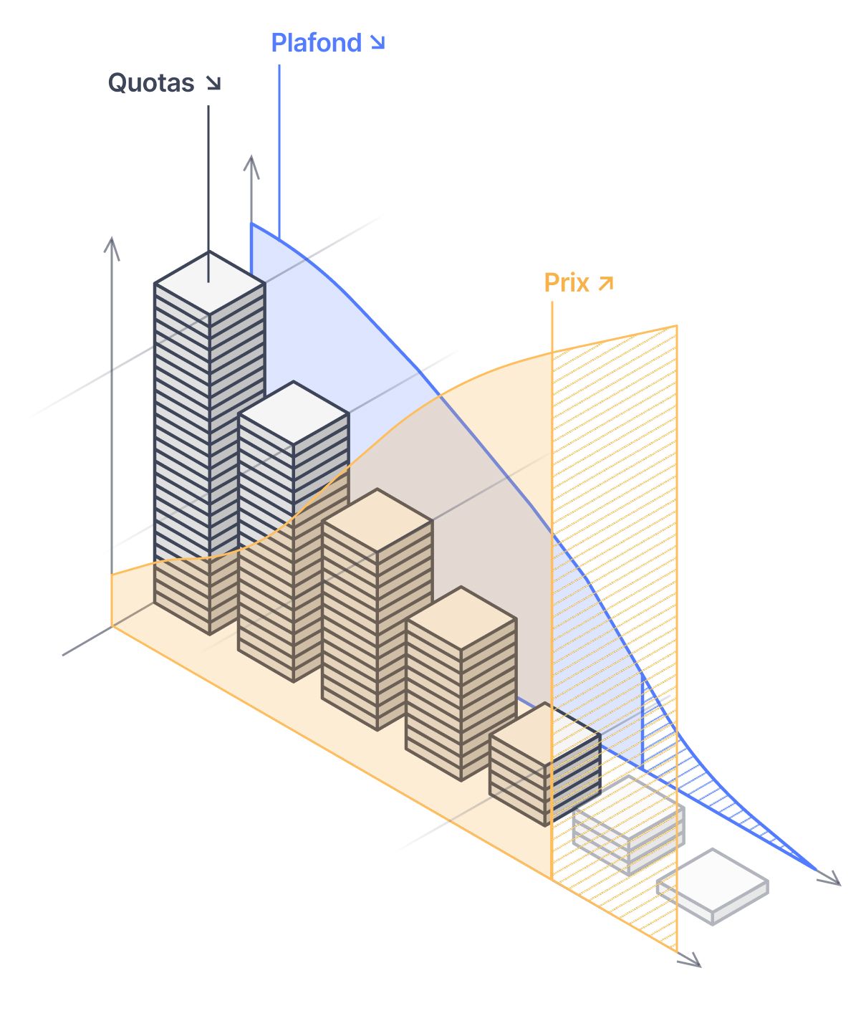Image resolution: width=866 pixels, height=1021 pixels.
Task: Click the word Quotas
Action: point(151,83)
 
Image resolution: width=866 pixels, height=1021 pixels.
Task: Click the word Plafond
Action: point(316,43)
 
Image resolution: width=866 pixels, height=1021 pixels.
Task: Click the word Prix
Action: point(567,283)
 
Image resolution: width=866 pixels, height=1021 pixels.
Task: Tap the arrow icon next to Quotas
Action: point(213,83)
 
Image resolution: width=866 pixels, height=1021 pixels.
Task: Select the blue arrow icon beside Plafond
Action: point(377,43)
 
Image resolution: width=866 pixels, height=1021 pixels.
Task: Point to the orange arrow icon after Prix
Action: point(606,283)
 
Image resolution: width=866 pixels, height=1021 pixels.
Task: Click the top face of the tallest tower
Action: point(209,282)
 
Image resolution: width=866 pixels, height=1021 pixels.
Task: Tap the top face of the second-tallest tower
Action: point(294,413)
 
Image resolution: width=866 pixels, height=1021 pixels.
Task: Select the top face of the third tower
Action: point(377,520)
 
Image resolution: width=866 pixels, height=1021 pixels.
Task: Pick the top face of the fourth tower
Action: point(461,618)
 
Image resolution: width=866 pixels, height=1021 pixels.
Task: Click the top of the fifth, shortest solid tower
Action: point(544,734)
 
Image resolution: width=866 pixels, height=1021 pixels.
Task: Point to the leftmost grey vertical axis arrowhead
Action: point(111,245)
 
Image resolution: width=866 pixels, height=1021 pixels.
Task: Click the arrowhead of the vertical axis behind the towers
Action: point(251,163)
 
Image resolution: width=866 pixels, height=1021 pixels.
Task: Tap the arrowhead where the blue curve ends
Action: point(832,879)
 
